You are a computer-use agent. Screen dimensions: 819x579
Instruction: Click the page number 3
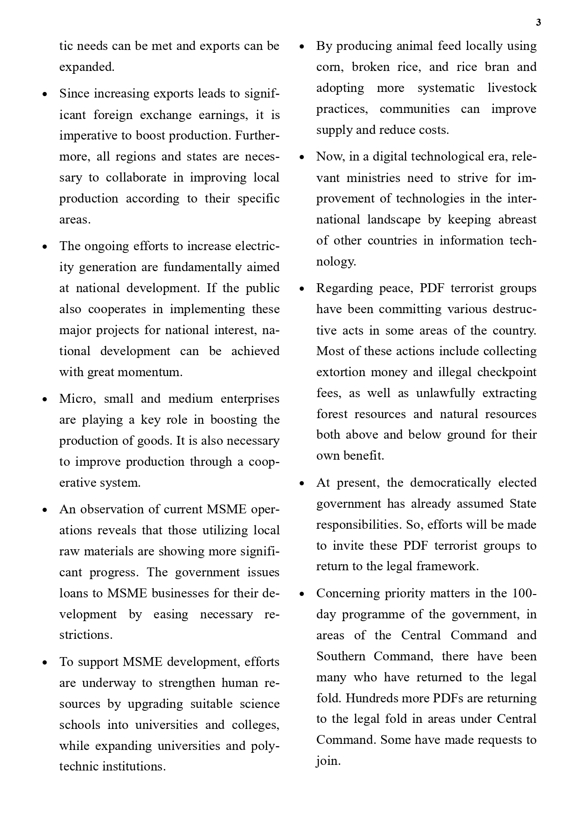pos(538,22)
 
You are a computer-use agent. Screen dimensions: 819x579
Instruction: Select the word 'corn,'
pos(330,67)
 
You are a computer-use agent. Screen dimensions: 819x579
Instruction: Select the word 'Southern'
pos(341,657)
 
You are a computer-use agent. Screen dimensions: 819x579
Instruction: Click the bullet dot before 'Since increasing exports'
pos(45,94)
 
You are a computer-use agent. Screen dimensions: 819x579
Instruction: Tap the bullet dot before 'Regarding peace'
pos(302,289)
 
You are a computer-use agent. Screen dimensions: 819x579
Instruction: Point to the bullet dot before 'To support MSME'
pos(45,663)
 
